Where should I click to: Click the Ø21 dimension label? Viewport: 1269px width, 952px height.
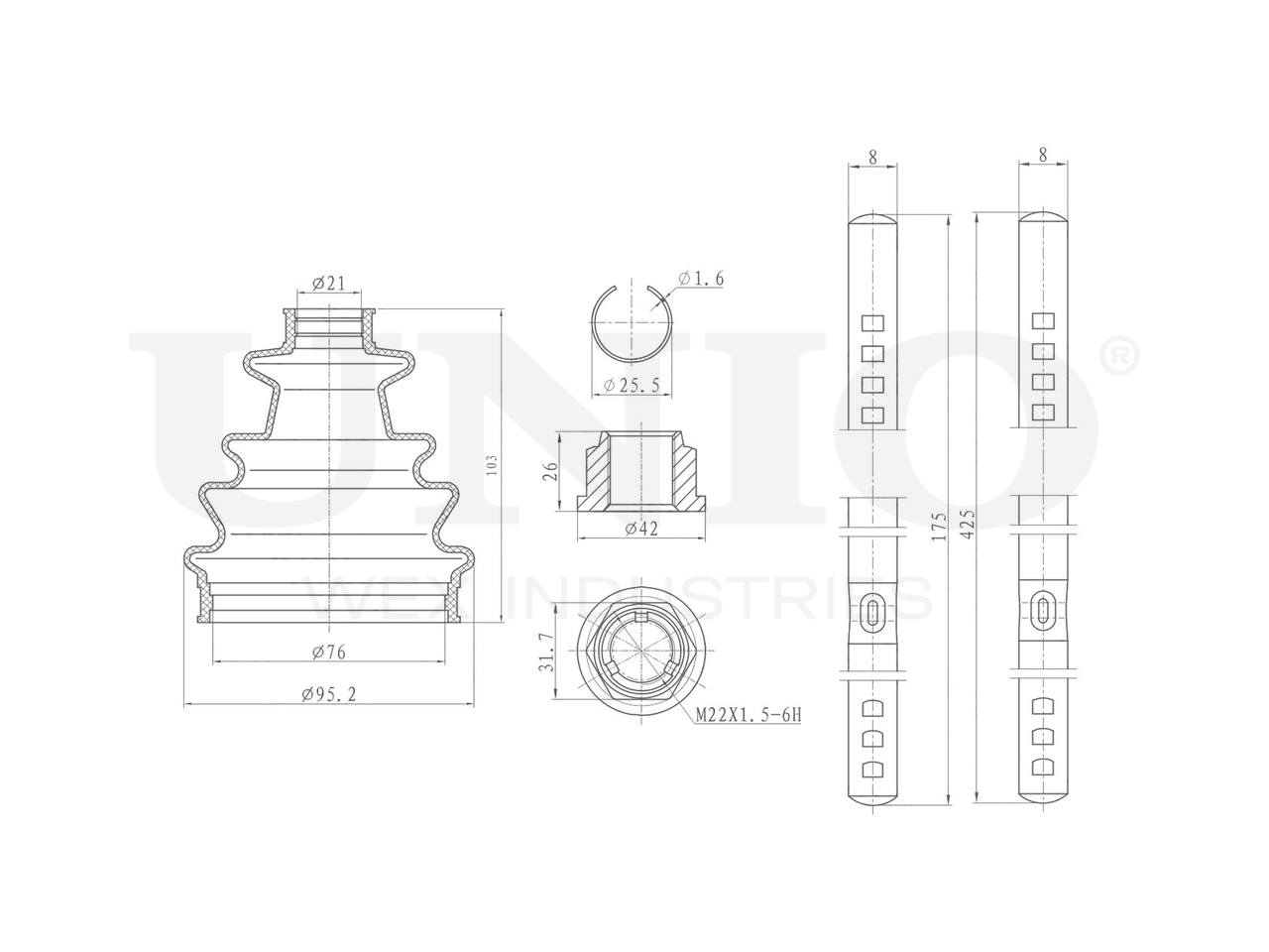pyautogui.click(x=328, y=284)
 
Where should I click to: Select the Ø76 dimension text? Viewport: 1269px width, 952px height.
pyautogui.click(x=329, y=652)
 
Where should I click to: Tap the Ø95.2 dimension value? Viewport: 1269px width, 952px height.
pyautogui.click(x=329, y=694)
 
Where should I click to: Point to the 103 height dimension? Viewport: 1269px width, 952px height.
pyautogui.click(x=492, y=465)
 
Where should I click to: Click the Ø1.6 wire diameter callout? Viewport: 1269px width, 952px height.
pyautogui.click(x=701, y=279)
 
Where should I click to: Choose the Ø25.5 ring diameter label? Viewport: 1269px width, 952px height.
pyautogui.click(x=632, y=385)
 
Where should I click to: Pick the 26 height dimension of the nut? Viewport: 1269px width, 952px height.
pyautogui.click(x=550, y=470)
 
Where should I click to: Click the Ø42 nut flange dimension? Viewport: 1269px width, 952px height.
pyautogui.click(x=641, y=528)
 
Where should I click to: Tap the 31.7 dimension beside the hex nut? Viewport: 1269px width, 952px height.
pyautogui.click(x=545, y=652)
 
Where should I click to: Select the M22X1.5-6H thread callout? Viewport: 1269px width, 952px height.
pyautogui.click(x=749, y=715)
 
